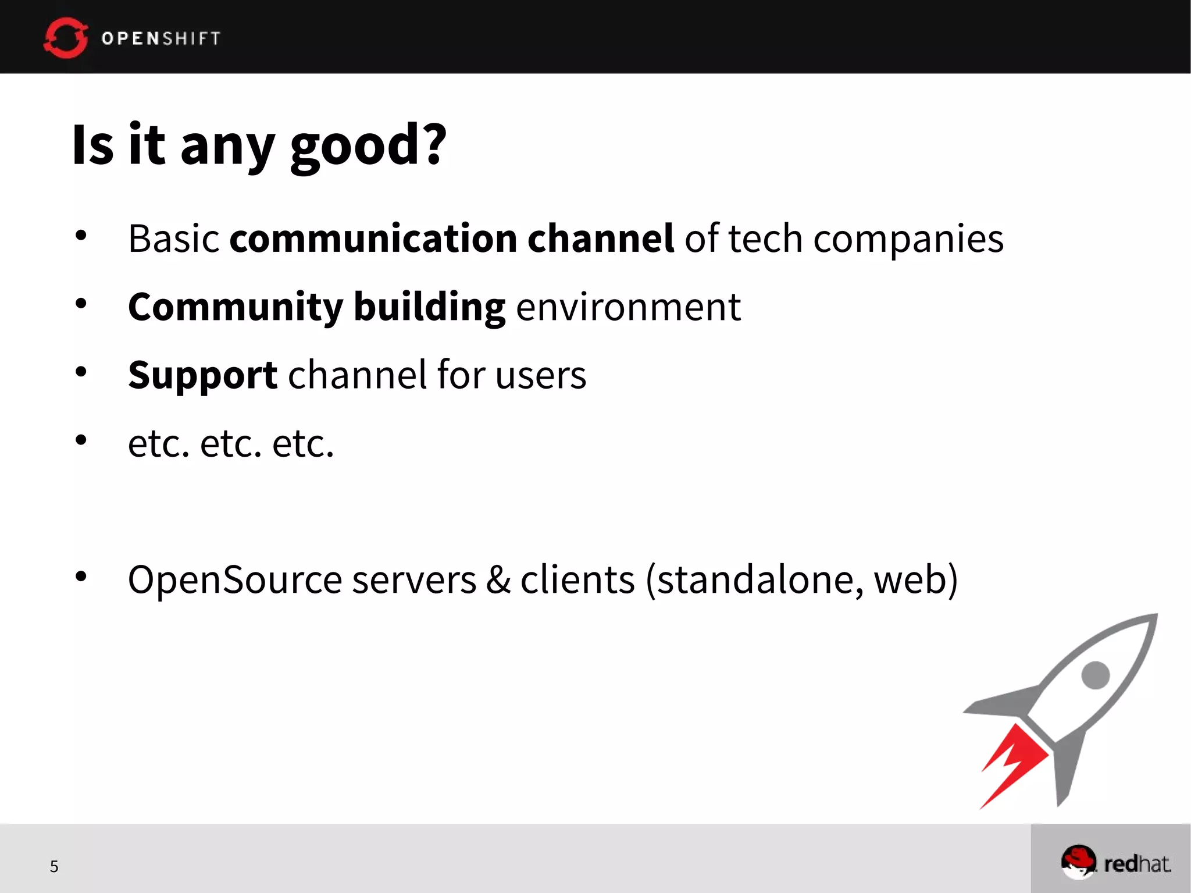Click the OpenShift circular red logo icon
tap(66, 38)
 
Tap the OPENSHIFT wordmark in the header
tap(161, 38)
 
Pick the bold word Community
tap(236, 307)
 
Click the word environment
tap(628, 307)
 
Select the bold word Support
tap(202, 375)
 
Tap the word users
tap(541, 375)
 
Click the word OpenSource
tap(235, 580)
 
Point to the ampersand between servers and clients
tap(498, 580)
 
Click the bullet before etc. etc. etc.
tap(81, 440)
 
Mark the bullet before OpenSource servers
tap(81, 577)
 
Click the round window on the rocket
tap(1096, 675)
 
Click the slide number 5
tap(54, 867)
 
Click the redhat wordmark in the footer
tap(1137, 864)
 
